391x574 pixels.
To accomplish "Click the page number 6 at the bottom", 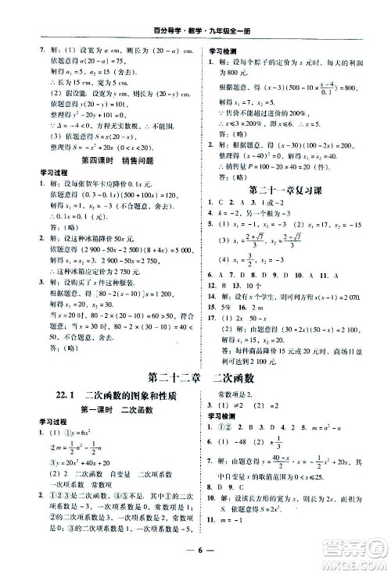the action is pyautogui.click(x=195, y=557).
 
